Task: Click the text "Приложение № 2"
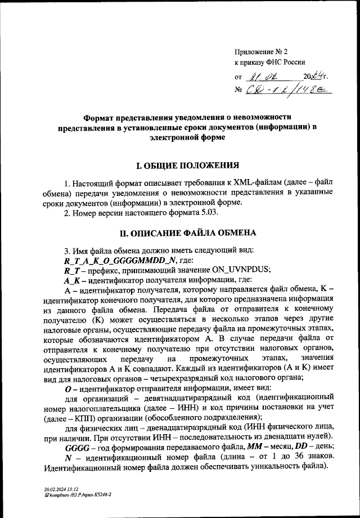(259, 51)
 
